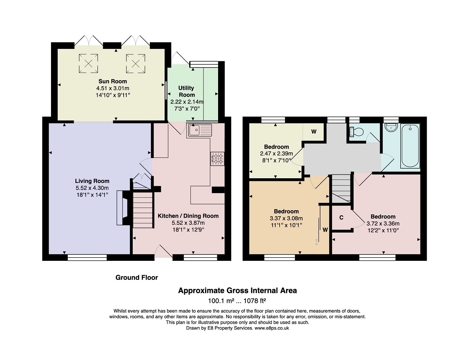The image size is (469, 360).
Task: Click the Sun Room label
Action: [113, 81]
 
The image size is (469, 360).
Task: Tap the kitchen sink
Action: [200, 130]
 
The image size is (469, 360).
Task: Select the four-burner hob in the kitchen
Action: [217, 158]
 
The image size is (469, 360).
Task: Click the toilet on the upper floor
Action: [356, 131]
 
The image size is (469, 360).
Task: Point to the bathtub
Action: [411, 146]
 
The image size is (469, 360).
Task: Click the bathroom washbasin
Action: [391, 127]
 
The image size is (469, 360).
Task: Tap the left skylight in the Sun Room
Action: [89, 63]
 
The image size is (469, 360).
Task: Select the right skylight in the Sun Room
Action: [136, 64]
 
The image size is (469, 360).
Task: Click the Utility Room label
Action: [186, 91]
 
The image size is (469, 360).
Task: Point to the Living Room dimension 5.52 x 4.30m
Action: [92, 188]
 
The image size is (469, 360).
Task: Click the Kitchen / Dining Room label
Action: [188, 216]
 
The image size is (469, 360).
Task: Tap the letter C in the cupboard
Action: [342, 218]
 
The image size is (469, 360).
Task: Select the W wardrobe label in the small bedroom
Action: [314, 131]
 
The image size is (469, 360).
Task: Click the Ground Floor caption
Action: [137, 278]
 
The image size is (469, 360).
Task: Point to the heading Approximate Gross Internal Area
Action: [237, 290]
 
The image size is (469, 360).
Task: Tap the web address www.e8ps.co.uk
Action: [272, 328]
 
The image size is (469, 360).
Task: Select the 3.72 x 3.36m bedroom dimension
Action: [383, 224]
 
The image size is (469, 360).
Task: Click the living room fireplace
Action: [123, 208]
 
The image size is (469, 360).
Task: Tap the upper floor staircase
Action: [341, 189]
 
